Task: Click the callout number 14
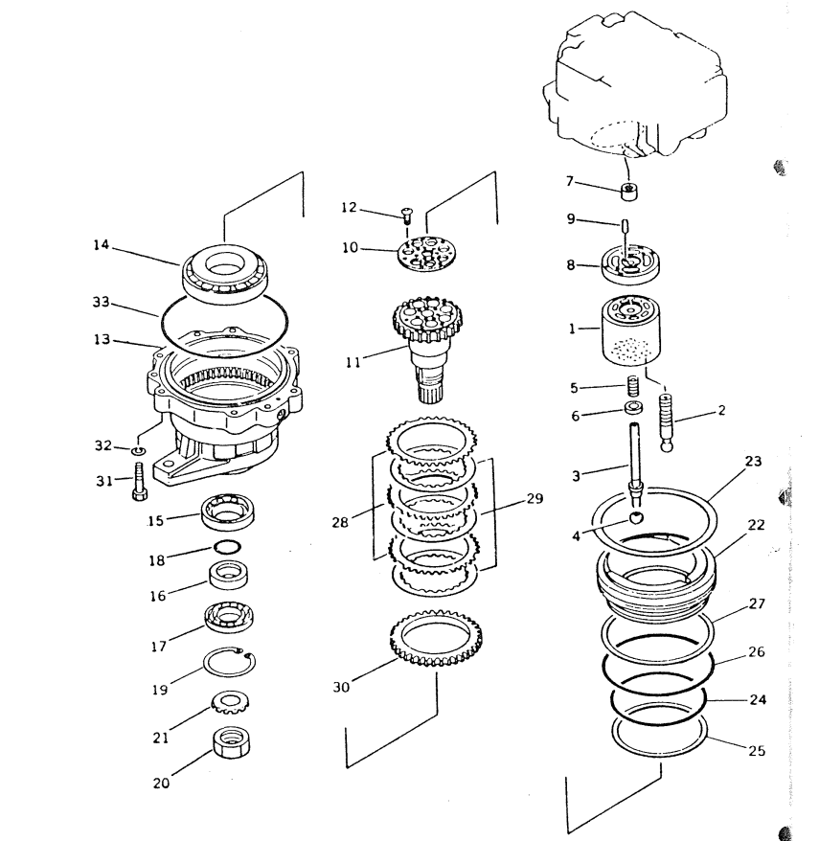pos(101,245)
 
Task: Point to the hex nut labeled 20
pos(232,742)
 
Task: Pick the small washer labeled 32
pos(138,449)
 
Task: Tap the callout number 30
pos(341,687)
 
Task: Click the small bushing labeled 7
pos(629,192)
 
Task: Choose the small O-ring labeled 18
pos(227,547)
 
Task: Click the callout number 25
pos(757,750)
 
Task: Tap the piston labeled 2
pos(665,422)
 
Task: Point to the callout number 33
pos(101,302)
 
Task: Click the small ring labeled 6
pos(634,407)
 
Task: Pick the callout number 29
pos(535,498)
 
